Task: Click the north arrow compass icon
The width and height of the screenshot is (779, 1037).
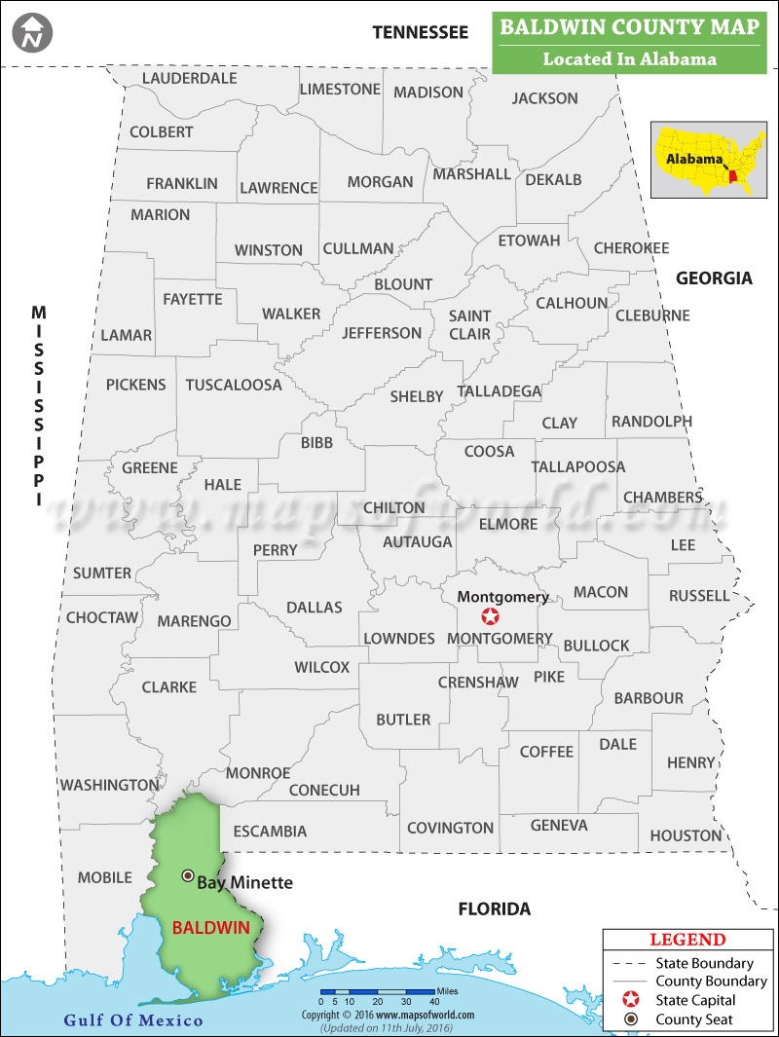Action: coord(33,32)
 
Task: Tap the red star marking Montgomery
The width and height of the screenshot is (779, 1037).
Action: coord(491,617)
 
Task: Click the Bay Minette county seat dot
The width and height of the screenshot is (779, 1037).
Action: coord(188,875)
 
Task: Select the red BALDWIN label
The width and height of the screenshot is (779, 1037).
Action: coord(211,927)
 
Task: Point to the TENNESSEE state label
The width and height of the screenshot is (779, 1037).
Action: coord(421,32)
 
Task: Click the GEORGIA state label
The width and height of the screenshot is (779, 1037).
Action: coord(715,278)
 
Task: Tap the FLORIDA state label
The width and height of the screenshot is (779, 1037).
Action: coord(495,909)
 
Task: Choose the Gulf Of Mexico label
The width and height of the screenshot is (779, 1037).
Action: coord(133,1020)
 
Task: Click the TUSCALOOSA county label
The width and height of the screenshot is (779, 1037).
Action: coord(234,385)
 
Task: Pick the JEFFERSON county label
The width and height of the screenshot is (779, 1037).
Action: coord(382,333)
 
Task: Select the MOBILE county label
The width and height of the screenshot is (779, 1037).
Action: coord(104,877)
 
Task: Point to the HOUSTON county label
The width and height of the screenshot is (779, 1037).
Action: coord(686,835)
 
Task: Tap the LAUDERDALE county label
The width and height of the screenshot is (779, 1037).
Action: coord(190,78)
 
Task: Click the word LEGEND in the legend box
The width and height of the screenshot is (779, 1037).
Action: coord(687,940)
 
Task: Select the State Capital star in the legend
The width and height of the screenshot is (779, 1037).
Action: coord(631,1000)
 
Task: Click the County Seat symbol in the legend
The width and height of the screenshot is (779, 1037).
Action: coord(631,1019)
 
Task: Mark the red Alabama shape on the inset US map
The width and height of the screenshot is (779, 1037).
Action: coord(732,180)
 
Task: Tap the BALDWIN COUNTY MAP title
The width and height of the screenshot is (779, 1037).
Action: coord(629,26)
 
